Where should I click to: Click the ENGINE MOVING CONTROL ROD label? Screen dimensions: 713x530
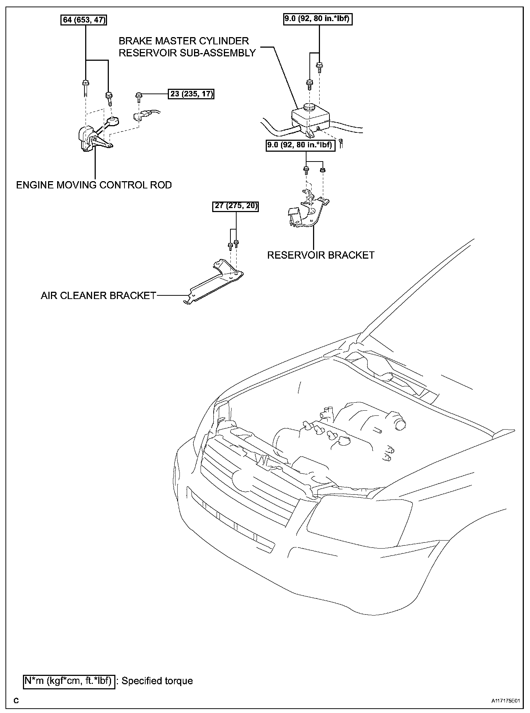point(94,185)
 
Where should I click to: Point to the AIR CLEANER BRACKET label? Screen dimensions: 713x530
point(98,295)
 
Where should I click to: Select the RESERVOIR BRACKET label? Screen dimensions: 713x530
point(321,255)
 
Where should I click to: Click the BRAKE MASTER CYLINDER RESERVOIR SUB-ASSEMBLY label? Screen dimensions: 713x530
point(187,47)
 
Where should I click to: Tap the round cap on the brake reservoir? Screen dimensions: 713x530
point(309,108)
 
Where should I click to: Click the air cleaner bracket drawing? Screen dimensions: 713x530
point(215,282)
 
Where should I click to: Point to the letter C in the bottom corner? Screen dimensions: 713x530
point(16,701)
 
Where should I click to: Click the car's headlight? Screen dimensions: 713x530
point(359,518)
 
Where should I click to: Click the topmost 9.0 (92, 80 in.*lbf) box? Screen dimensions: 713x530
point(318,19)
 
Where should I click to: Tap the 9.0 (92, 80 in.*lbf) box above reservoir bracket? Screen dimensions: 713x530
point(300,145)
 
